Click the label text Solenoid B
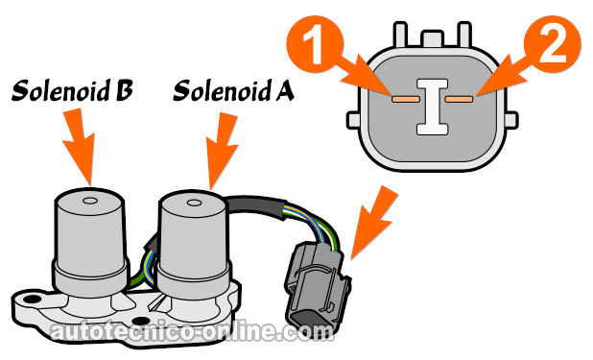tap(71, 92)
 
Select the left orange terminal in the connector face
tap(403, 97)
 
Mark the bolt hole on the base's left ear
tap(33, 308)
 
